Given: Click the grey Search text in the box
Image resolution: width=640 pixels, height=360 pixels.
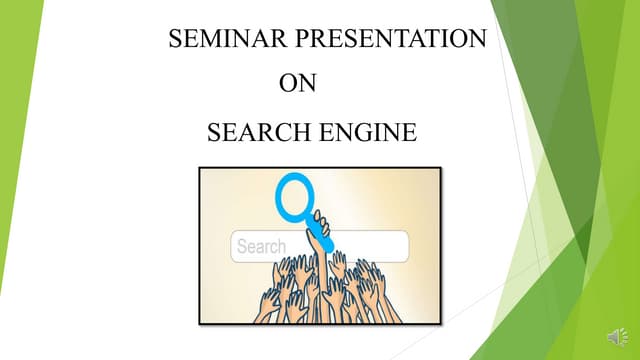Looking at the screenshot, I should point(261,247).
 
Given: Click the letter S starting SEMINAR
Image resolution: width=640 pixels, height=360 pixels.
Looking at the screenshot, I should point(177,40).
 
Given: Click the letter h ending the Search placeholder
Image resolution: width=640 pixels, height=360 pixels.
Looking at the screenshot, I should point(281,247).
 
